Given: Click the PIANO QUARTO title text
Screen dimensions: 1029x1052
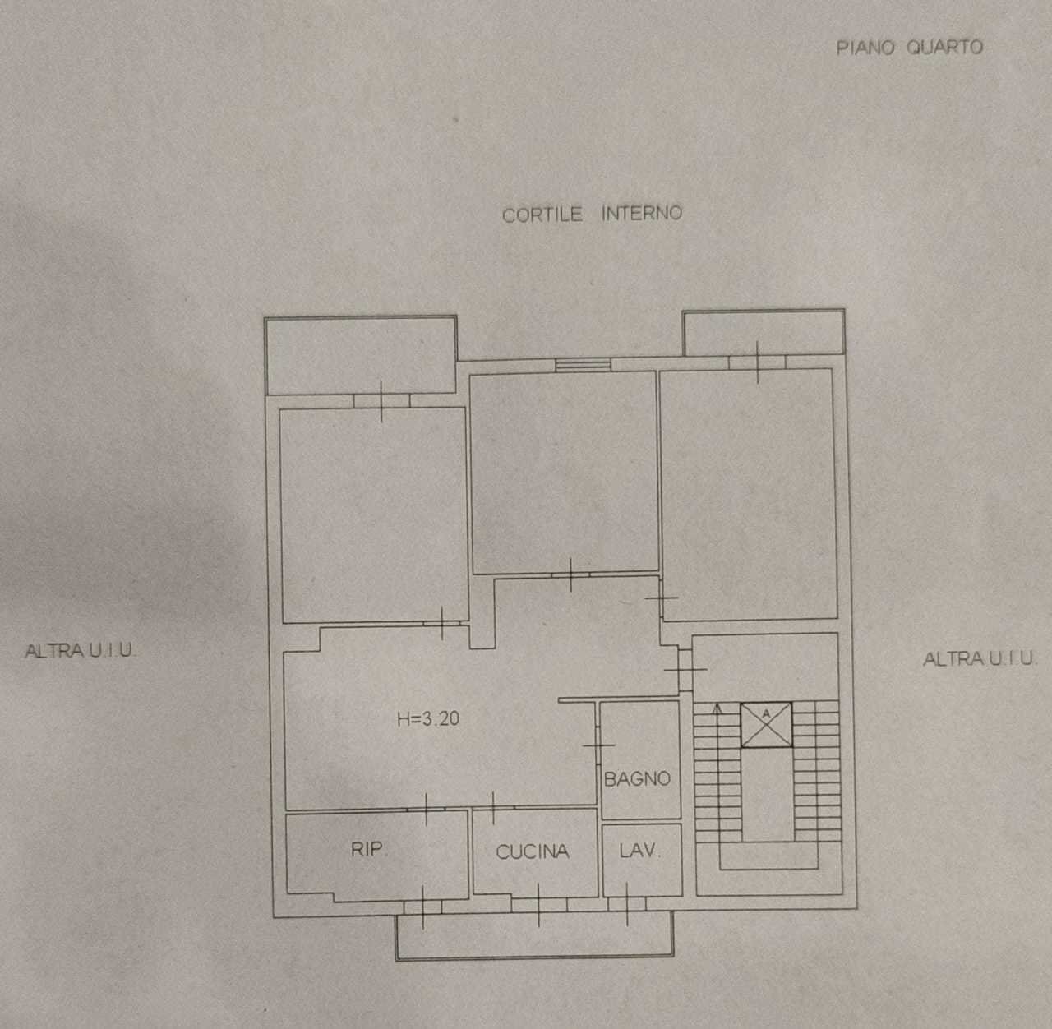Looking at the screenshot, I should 909,47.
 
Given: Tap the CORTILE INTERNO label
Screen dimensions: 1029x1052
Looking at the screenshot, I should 592,214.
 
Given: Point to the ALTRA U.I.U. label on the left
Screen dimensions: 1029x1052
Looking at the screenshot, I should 80,650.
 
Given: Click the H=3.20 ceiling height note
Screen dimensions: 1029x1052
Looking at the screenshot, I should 428,718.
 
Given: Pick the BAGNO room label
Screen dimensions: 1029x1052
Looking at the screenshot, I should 637,778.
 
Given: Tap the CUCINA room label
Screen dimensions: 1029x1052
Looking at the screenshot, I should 533,851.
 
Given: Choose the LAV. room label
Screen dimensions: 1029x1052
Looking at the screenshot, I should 639,850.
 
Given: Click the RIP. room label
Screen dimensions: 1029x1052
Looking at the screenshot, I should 368,849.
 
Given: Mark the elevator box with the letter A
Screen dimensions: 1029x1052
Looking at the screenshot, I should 766,724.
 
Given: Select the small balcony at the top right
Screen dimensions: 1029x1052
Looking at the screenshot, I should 763,333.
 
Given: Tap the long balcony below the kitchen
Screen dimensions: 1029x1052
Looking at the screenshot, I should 534,936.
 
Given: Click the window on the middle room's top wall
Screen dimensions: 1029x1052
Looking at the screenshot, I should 583,365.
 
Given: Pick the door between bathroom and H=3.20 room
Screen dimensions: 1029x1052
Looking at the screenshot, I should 598,745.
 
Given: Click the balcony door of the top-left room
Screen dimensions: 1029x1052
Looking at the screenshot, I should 381,400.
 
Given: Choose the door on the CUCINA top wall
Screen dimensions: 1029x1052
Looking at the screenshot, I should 492,808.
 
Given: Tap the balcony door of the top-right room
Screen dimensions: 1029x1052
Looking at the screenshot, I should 757,362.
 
